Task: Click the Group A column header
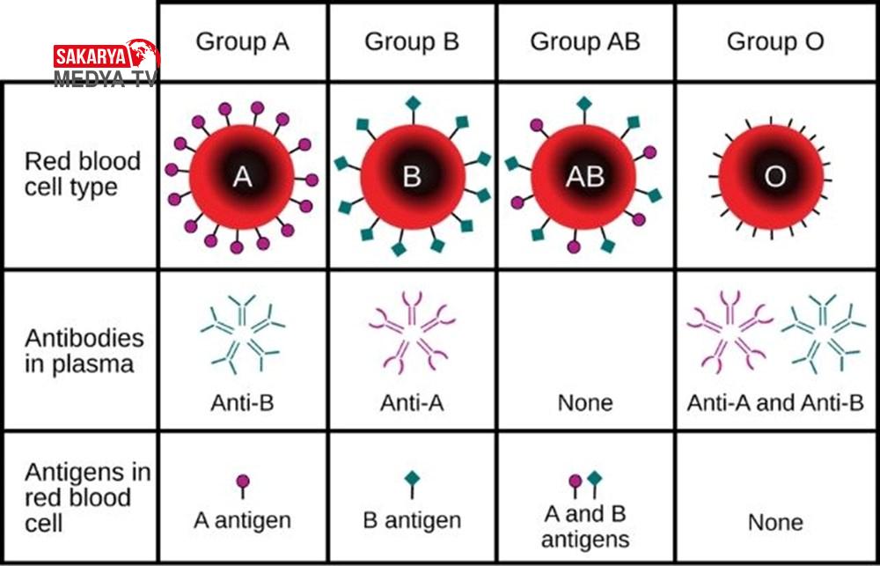(243, 42)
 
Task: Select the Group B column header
(411, 42)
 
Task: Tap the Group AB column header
(585, 42)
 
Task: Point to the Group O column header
(775, 42)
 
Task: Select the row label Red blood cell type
(82, 173)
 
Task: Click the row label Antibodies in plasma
(84, 351)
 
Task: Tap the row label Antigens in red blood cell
(87, 497)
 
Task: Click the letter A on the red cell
(242, 178)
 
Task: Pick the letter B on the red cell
(411, 178)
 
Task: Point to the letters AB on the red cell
(585, 178)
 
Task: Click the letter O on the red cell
(775, 178)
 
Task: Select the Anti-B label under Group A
(243, 403)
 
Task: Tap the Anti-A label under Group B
(412, 403)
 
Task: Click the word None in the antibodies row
(585, 403)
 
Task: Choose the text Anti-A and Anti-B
(775, 403)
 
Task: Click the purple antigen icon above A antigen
(243, 486)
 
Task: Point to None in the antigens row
(775, 523)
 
